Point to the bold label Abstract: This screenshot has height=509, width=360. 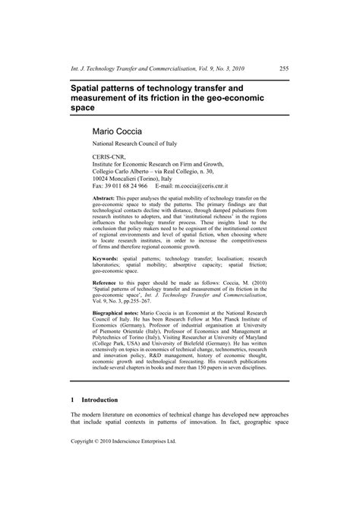click(107, 196)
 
